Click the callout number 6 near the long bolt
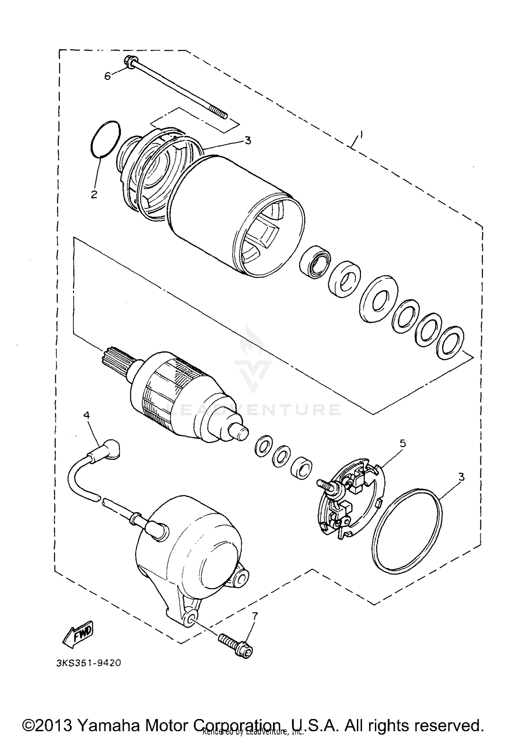[x=107, y=76]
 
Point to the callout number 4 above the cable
[x=87, y=415]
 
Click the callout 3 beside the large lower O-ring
[x=461, y=477]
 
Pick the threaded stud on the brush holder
[x=325, y=483]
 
